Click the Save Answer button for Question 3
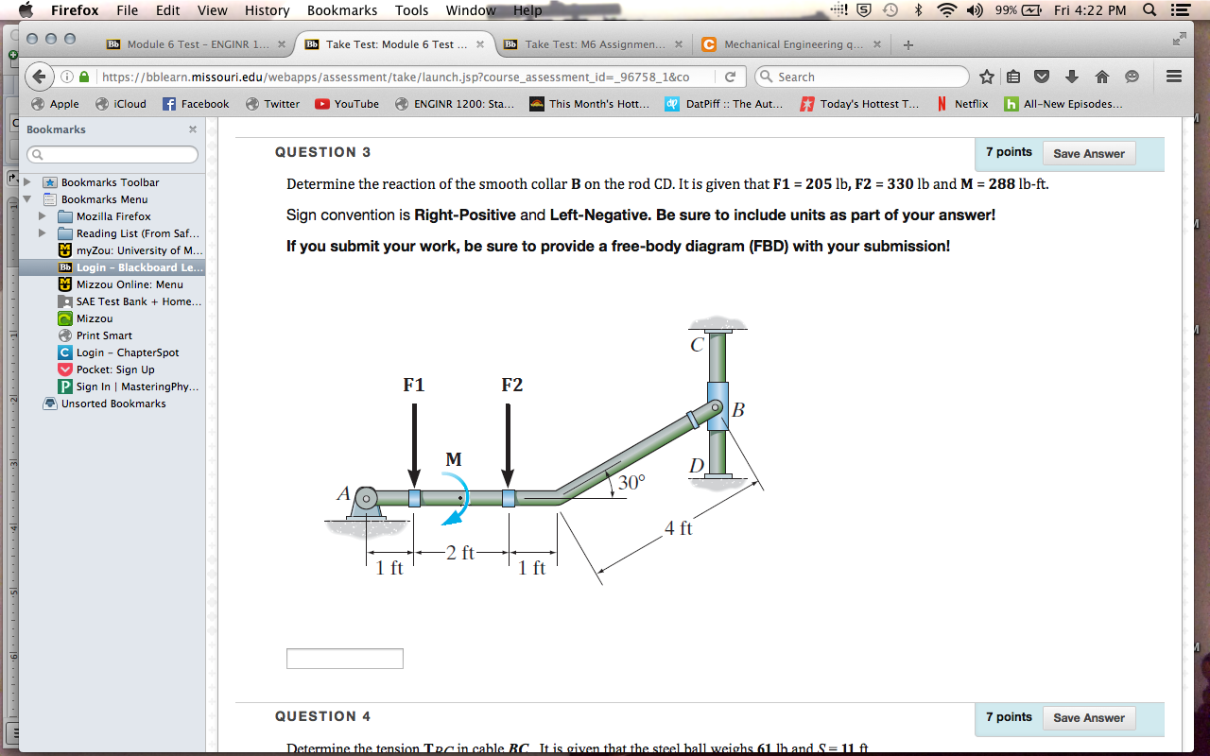[x=1089, y=153]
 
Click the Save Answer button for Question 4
[x=1089, y=717]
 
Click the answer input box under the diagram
[x=345, y=659]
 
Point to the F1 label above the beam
[x=414, y=385]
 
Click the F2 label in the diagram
[x=511, y=385]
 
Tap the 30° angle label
[x=631, y=482]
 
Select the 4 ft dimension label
[x=678, y=528]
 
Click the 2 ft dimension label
[x=460, y=553]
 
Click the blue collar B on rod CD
[x=718, y=406]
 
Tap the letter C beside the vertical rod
[x=697, y=345]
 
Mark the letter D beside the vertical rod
[x=697, y=466]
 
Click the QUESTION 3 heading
[x=322, y=152]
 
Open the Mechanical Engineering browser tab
[x=792, y=44]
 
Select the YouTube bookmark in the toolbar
[x=347, y=104]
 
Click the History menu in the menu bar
[x=267, y=10]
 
